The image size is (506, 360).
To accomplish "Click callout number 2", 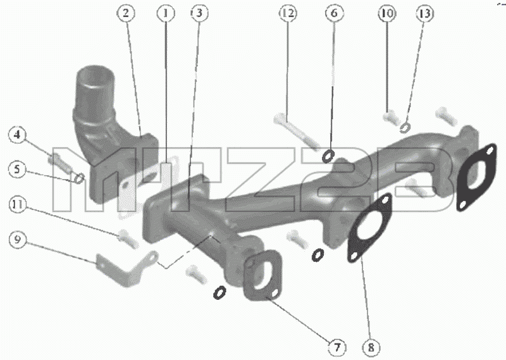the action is (125, 13).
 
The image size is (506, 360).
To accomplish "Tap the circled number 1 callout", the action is (166, 13).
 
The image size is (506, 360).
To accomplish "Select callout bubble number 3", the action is (199, 13).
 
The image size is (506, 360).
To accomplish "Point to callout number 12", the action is (288, 13).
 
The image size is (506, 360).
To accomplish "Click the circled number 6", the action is (334, 13).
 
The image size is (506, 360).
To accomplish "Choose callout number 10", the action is (387, 13).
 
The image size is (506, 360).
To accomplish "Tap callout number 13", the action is (424, 13).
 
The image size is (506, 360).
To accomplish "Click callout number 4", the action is (18, 134).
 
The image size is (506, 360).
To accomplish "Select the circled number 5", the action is (18, 169).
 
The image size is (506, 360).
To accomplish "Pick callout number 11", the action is (18, 205).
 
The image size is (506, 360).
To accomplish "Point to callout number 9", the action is (18, 240).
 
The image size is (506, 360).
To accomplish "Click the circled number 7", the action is (336, 347).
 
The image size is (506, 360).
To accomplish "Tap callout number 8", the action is (371, 347).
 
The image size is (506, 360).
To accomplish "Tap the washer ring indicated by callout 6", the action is (328, 156).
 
